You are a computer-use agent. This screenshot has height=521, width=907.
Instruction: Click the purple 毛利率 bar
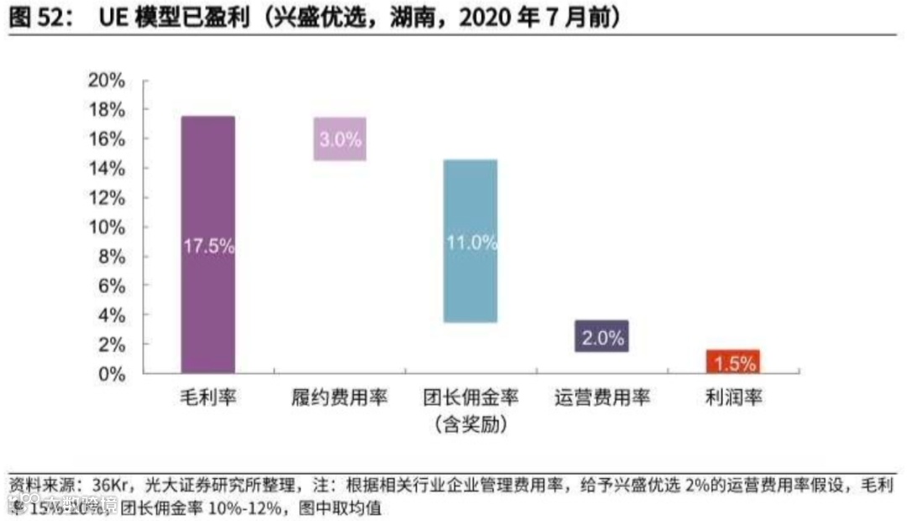tap(207, 185)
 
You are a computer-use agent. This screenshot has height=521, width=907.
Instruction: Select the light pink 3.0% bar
tap(340, 139)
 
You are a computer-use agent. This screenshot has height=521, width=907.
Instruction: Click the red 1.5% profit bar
tap(733, 362)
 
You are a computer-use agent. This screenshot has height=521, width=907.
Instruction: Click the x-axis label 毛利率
tap(207, 398)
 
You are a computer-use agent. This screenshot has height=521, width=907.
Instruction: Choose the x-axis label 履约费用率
tap(340, 398)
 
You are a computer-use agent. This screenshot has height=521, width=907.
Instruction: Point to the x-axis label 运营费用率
tap(602, 398)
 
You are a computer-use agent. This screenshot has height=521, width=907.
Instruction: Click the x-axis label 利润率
tap(733, 398)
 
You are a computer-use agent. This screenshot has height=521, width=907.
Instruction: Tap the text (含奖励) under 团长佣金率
tap(470, 425)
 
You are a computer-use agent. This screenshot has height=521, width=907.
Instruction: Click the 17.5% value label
tap(208, 247)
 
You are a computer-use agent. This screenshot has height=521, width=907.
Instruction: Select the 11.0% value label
tap(471, 243)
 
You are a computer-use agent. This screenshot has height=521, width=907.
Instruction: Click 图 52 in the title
tap(37, 18)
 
